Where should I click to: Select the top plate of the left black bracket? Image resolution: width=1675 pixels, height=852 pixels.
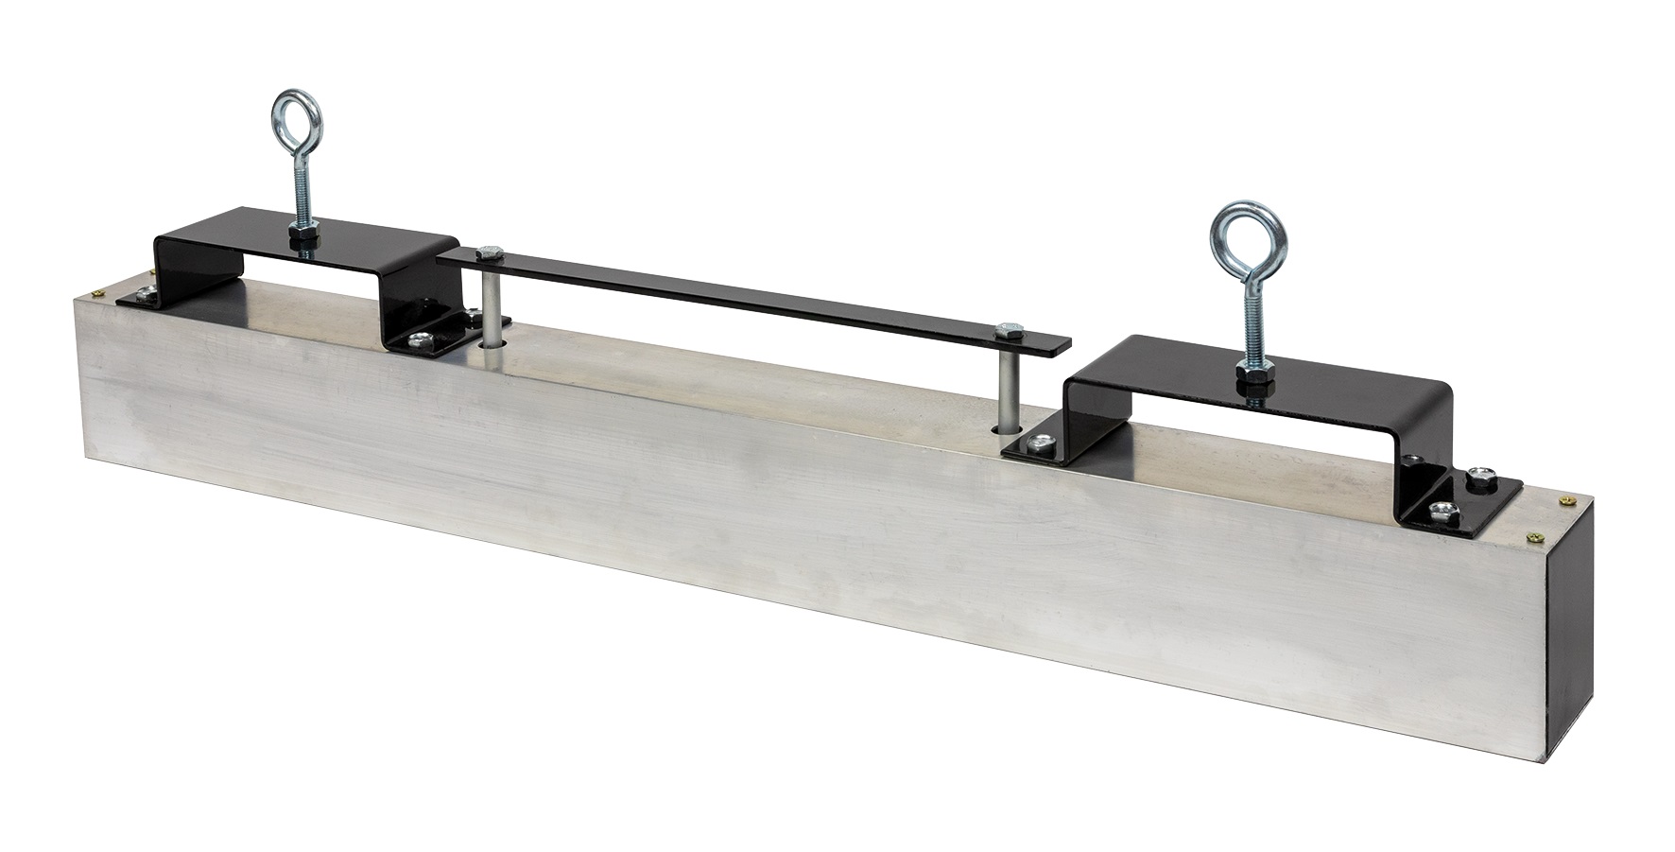[302, 247]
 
